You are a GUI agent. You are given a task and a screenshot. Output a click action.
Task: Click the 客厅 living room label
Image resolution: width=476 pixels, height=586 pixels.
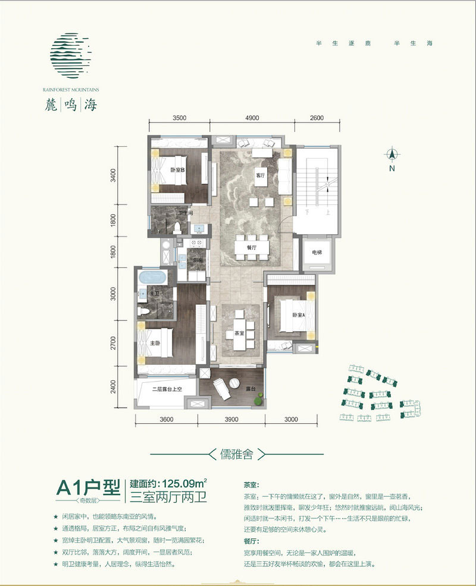click(x=259, y=176)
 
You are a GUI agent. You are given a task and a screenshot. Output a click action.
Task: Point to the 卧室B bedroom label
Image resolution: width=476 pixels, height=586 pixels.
click(x=177, y=170)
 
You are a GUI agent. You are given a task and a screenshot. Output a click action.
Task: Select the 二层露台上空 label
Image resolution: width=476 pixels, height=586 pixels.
click(x=165, y=390)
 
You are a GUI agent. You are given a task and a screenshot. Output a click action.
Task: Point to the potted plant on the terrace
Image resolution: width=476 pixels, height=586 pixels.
click(x=258, y=402)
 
